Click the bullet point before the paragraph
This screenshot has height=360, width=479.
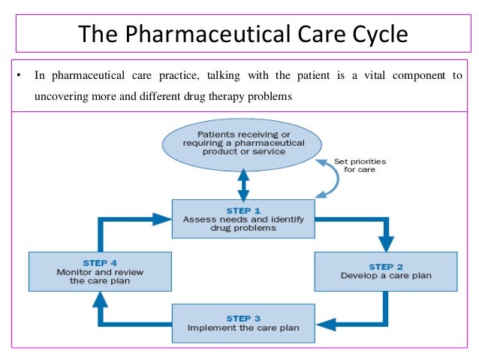(18, 76)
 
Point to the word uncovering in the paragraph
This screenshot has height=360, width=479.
(62, 97)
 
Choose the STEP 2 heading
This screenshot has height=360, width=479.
(386, 265)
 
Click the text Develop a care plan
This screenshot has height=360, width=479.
(386, 276)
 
